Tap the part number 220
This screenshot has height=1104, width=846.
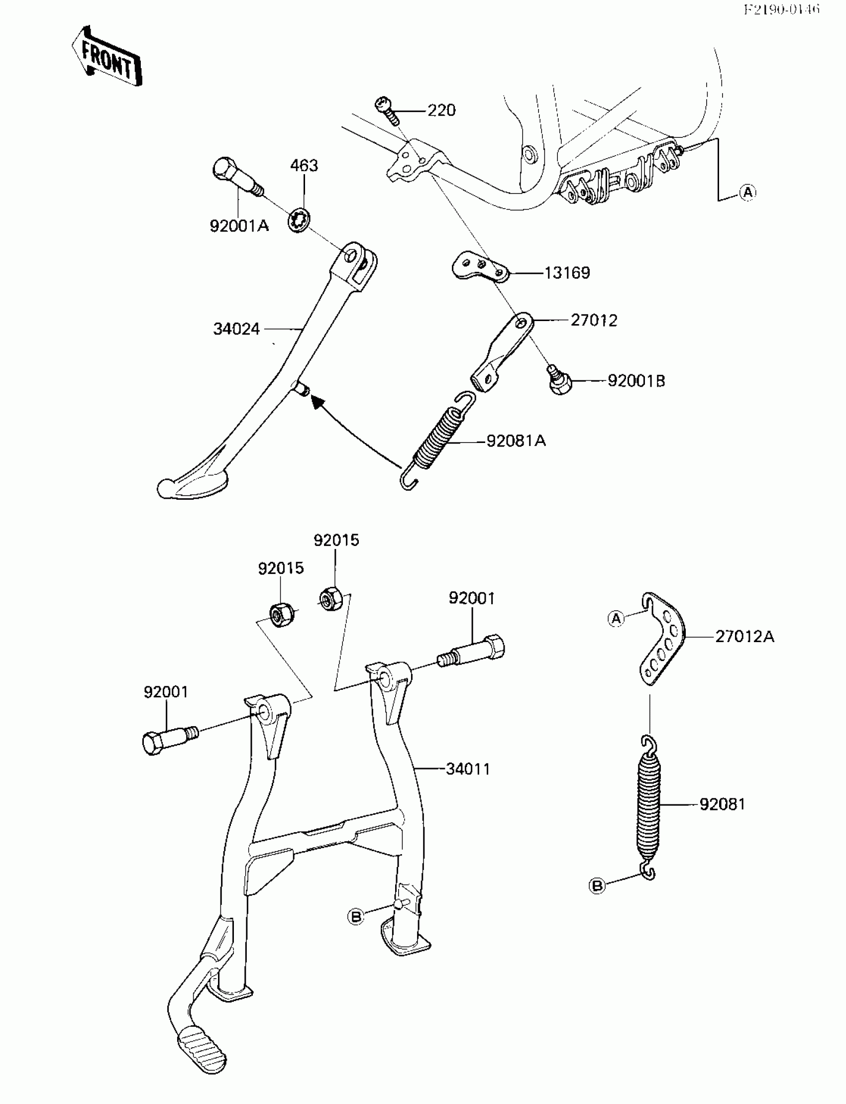pyautogui.click(x=441, y=110)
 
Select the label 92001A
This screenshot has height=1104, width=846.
pyautogui.click(x=239, y=226)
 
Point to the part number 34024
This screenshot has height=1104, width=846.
pyautogui.click(x=236, y=329)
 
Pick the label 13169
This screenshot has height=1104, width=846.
pyautogui.click(x=567, y=273)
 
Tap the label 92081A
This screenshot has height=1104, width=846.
pyautogui.click(x=516, y=441)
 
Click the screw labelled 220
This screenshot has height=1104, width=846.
pyautogui.click(x=387, y=110)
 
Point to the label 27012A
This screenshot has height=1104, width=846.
pyautogui.click(x=744, y=637)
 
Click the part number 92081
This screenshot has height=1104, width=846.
pyautogui.click(x=722, y=804)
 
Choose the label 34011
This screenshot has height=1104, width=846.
pyautogui.click(x=468, y=769)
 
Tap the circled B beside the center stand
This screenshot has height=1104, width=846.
pyautogui.click(x=356, y=917)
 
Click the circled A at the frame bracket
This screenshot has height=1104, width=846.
pyautogui.click(x=748, y=193)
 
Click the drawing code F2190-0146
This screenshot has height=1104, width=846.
pyautogui.click(x=781, y=9)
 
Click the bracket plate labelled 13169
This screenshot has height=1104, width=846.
pyautogui.click(x=480, y=266)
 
